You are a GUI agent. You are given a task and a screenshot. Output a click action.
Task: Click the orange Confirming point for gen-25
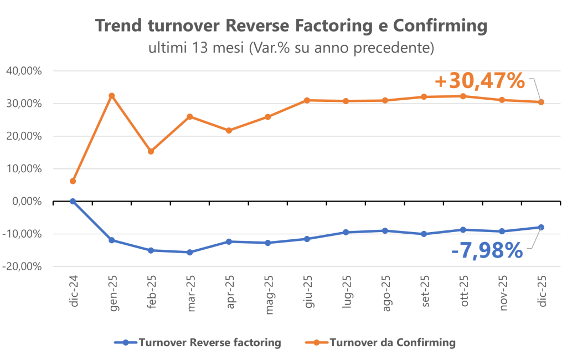pos(111,96)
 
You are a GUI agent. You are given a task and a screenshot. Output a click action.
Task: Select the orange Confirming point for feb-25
pos(151,151)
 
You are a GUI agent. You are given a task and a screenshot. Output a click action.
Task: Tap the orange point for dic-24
pos(73,181)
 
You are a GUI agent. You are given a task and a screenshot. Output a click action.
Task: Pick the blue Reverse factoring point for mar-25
pos(189,252)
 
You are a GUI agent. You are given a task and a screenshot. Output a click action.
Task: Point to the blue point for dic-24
pos(73,201)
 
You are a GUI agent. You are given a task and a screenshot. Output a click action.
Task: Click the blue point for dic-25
pos(541,227)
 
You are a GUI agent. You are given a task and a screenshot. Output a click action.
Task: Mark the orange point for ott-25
pos(463,96)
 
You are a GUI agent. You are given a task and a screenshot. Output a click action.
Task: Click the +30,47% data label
pos(480,81)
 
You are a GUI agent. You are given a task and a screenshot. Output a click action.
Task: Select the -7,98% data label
pos(487,250)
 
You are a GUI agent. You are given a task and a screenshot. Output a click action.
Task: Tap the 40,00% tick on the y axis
pos(25,71)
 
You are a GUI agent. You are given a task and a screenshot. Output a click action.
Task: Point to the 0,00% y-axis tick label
pos(29,202)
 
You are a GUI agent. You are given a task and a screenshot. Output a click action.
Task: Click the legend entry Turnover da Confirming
pos(392,343)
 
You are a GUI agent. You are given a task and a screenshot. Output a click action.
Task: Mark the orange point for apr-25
pos(229,130)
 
